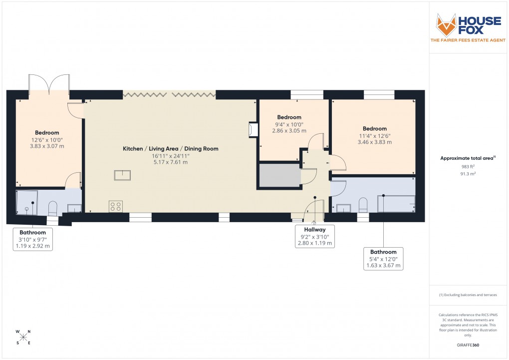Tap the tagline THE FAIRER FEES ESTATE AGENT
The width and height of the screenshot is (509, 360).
[x=469, y=40]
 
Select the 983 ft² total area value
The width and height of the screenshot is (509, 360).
[x=468, y=166]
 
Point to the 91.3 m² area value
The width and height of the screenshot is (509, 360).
[x=468, y=174]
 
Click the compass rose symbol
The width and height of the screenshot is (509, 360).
[x=23, y=337]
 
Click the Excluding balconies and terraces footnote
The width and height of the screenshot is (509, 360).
[x=468, y=295]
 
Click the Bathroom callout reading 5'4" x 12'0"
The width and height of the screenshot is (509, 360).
[x=383, y=259]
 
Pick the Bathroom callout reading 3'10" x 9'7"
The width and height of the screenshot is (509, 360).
[x=33, y=239]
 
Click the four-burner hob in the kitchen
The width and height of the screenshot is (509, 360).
[x=116, y=206]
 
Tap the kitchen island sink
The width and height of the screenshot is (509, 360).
[x=122, y=175]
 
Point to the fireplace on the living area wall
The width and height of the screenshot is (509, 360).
[x=253, y=130]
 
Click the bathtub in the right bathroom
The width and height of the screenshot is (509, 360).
[x=396, y=204]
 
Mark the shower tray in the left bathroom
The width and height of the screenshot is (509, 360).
[x=26, y=202]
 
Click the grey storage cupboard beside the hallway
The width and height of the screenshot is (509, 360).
[x=279, y=175]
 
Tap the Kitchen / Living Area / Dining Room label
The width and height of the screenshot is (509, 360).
[x=171, y=149]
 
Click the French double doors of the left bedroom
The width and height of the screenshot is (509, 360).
[x=49, y=84]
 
